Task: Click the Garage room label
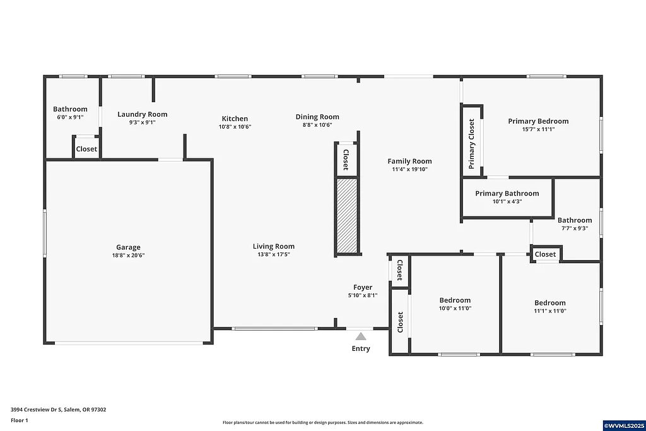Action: click(x=128, y=247)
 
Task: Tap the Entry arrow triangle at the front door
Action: click(x=361, y=337)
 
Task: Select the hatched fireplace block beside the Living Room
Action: click(x=346, y=215)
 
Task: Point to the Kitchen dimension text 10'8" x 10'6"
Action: click(x=235, y=127)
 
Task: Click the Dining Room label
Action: click(x=317, y=117)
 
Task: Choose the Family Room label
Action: click(x=409, y=162)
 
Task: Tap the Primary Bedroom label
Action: click(x=538, y=121)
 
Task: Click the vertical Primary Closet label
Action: click(x=471, y=144)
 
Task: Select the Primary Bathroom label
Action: click(x=507, y=194)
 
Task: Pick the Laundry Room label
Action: click(x=143, y=114)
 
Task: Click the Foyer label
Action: click(x=363, y=288)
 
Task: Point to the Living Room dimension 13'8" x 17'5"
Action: click(x=274, y=255)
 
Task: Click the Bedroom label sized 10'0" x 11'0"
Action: click(x=455, y=300)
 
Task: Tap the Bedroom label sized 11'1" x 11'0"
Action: click(x=549, y=303)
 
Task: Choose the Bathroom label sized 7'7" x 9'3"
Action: click(x=574, y=220)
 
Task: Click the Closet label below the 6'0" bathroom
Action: click(x=86, y=150)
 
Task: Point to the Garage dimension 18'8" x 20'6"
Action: click(x=128, y=256)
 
